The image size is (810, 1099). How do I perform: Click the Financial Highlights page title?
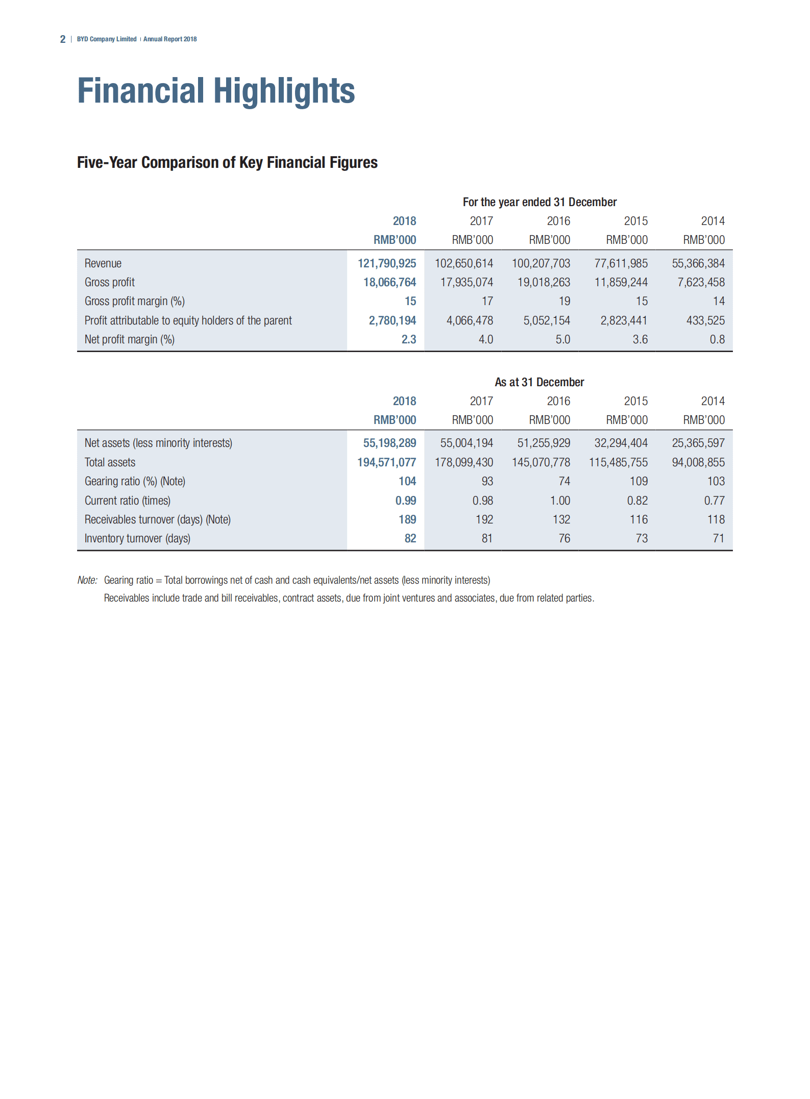tap(216, 91)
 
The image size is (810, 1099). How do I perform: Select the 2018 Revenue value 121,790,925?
tap(386, 263)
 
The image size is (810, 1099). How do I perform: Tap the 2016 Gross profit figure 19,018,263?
tap(544, 282)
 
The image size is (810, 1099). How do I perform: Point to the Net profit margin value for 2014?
tap(717, 339)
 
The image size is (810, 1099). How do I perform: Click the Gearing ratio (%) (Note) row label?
tap(135, 481)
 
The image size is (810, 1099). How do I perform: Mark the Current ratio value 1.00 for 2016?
tap(560, 501)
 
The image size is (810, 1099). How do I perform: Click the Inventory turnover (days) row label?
tap(137, 538)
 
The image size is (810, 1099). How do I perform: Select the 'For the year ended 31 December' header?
tap(539, 202)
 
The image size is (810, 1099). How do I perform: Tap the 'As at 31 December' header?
tap(539, 382)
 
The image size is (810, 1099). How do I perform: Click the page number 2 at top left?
tap(63, 39)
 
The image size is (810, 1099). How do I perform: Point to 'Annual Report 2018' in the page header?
tap(170, 39)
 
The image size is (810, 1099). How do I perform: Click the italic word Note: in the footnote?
tap(87, 580)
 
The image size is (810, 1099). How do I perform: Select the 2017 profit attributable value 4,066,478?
tap(470, 320)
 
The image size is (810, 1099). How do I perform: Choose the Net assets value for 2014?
tap(698, 443)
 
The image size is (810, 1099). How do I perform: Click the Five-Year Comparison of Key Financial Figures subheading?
tap(227, 162)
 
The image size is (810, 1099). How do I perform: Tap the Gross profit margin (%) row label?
tap(135, 301)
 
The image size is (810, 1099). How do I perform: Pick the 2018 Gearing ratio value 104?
tap(407, 481)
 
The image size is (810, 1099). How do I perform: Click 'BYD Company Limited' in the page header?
tap(107, 39)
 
